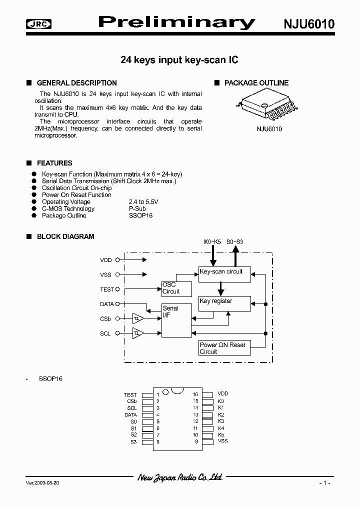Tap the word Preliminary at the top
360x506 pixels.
[176, 22]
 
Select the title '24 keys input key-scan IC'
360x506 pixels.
[179, 60]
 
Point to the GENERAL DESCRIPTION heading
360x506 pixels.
[76, 83]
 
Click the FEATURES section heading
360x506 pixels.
[54, 163]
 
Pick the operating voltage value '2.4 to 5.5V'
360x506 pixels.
[143, 201]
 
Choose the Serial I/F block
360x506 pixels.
[176, 319]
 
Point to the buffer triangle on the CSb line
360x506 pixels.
[138, 318]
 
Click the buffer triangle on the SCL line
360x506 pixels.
[138, 333]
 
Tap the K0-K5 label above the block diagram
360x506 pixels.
[212, 242]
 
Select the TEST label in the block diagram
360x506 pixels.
[107, 289]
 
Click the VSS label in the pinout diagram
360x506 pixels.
[222, 441]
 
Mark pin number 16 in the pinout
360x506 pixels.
[195, 394]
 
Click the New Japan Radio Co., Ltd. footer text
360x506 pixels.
[180, 478]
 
